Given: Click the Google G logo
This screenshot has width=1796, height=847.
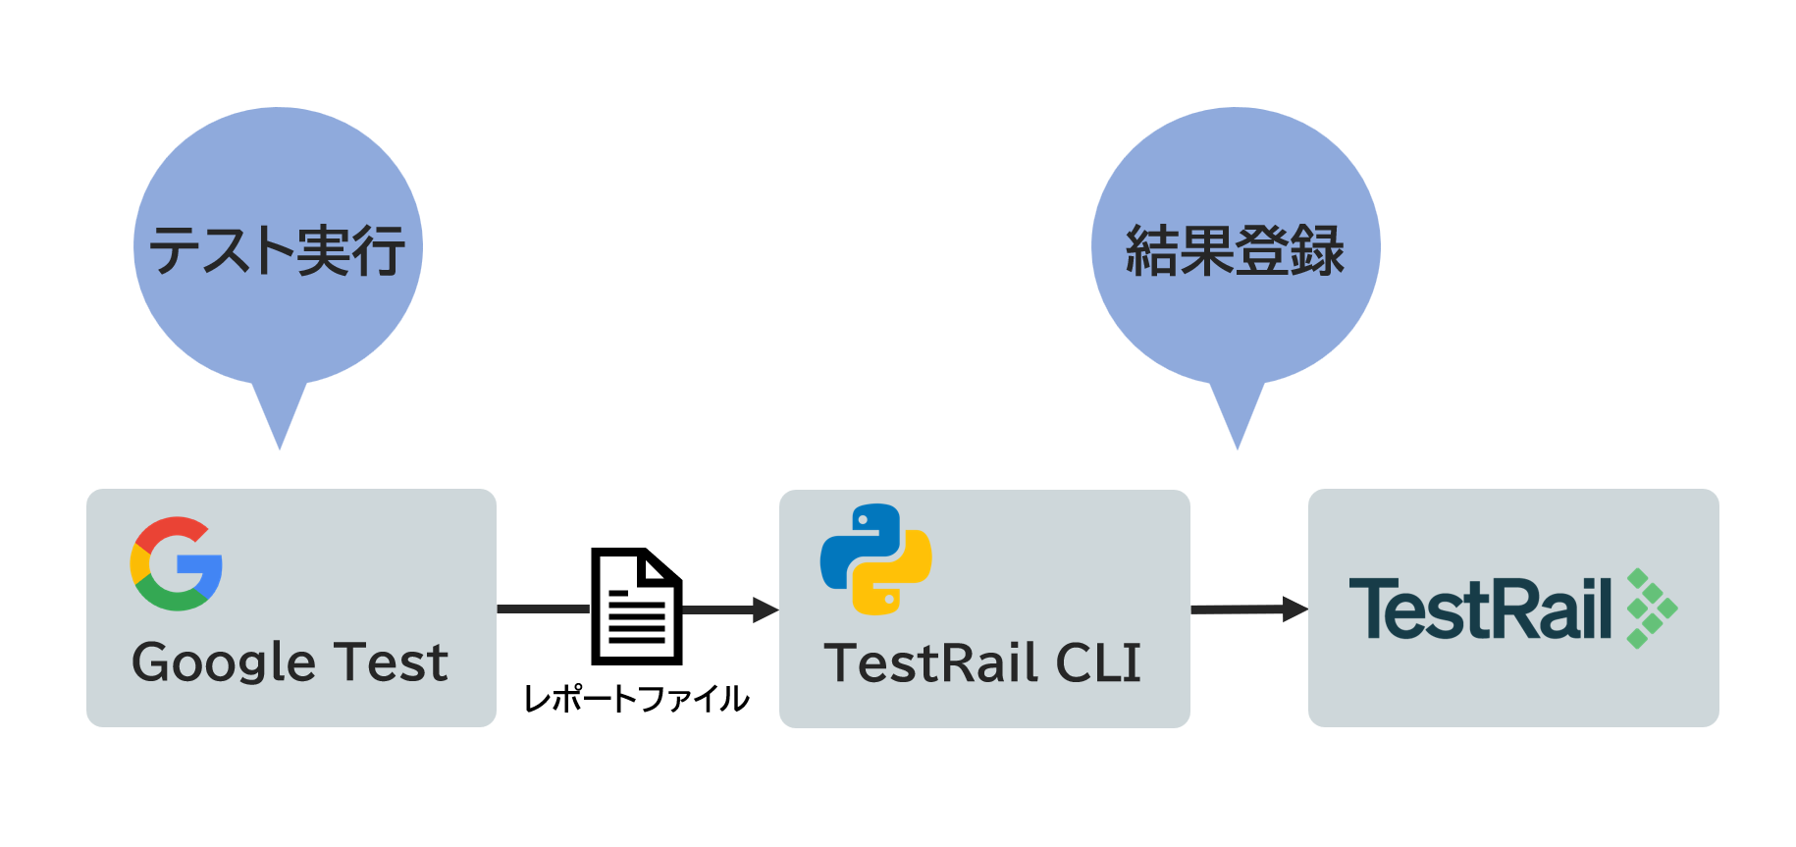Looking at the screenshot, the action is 177,563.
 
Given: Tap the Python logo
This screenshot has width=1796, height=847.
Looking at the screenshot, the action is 875,559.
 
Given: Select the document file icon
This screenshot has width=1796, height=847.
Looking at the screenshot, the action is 636,606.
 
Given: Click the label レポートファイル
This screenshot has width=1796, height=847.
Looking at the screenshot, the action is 636,699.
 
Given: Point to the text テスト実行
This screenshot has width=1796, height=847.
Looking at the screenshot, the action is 277,250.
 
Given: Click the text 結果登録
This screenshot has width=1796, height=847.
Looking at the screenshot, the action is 1235,250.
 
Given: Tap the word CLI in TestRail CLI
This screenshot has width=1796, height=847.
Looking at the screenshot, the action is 1098,663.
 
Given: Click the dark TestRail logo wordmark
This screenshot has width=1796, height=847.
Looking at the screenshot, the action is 1481,609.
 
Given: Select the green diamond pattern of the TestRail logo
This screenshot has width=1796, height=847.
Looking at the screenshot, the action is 1653,609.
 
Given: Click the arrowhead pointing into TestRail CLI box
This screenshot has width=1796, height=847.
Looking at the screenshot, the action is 766,609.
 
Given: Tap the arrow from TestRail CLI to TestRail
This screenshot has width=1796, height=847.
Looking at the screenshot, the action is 1249,609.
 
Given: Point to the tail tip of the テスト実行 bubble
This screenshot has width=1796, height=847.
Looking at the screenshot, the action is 280,450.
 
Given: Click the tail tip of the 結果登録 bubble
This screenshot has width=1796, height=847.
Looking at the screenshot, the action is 1238,450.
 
